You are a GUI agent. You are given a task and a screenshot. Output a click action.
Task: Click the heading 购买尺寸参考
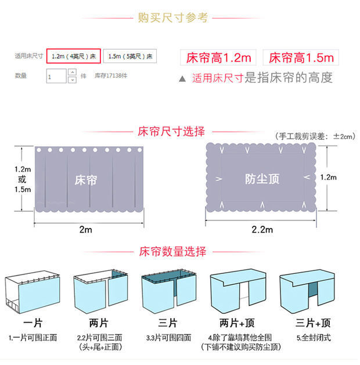click(172, 18)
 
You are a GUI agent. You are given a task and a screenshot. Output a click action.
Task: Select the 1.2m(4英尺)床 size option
click(74, 56)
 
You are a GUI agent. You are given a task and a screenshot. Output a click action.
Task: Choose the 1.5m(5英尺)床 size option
click(130, 56)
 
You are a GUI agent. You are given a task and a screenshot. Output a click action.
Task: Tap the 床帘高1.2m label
click(218, 57)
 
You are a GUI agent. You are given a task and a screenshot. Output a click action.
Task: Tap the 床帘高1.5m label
click(300, 57)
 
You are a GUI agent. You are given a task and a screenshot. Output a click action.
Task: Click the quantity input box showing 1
click(56, 76)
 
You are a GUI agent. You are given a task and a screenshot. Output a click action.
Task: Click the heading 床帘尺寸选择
click(171, 132)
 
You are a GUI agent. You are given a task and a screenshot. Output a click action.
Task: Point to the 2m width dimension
click(85, 229)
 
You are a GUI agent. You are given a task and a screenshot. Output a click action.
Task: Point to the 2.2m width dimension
click(262, 229)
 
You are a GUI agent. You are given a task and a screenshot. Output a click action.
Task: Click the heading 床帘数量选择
click(172, 252)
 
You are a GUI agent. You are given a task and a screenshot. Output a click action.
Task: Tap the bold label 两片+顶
click(233, 323)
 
